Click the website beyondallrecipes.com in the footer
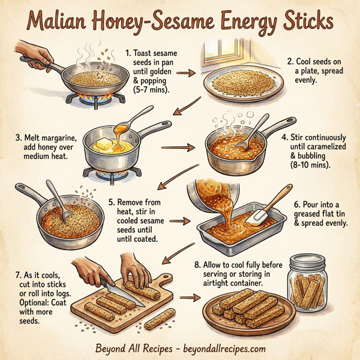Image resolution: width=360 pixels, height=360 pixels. click(x=218, y=348)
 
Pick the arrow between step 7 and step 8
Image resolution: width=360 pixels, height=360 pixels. click(x=189, y=296)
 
